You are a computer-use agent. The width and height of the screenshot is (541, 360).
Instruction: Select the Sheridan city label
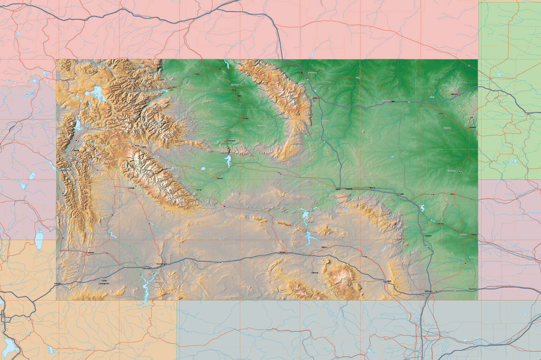tap(311, 73)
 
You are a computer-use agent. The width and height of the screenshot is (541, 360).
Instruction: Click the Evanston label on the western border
tap(57, 284)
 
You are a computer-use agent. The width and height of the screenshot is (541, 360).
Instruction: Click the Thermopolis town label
tap(230, 141)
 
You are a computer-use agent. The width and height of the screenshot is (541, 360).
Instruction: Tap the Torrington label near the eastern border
tap(463, 234)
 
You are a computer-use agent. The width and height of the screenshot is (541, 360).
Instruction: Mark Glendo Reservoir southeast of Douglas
tap(422, 208)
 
